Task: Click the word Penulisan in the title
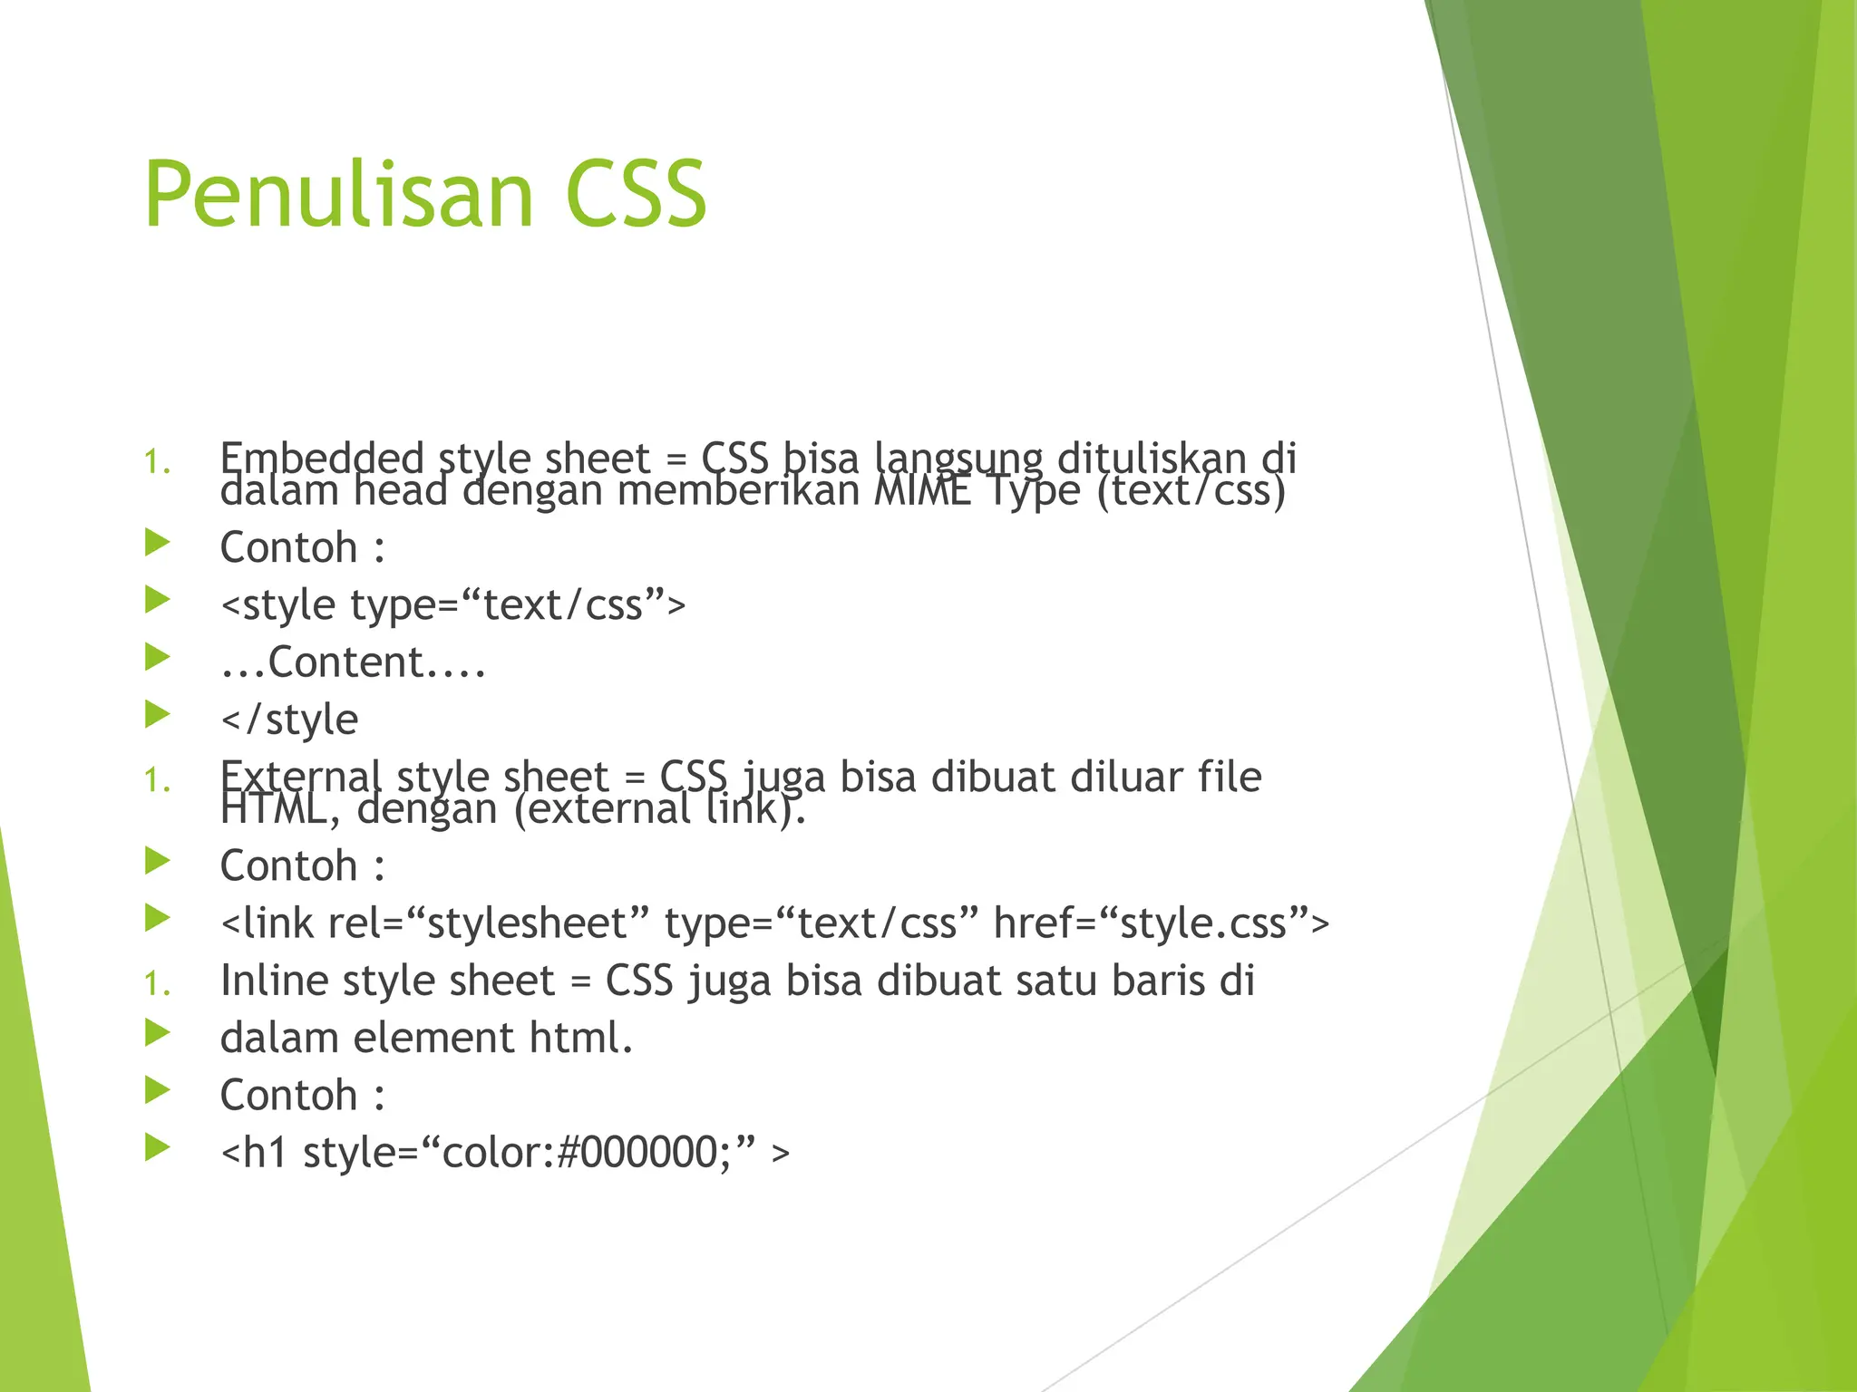pyautogui.click(x=338, y=195)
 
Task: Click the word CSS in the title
pyautogui.click(x=635, y=195)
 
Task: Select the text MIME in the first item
pyautogui.click(x=922, y=492)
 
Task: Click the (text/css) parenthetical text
pyautogui.click(x=1191, y=492)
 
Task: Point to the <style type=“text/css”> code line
pyautogui.click(x=452, y=604)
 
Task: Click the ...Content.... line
pyautogui.click(x=354, y=662)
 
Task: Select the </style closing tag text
pyautogui.click(x=289, y=720)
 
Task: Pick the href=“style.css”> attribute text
pyautogui.click(x=1161, y=923)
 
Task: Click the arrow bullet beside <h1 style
pyautogui.click(x=158, y=1148)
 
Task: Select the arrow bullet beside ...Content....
pyautogui.click(x=158, y=658)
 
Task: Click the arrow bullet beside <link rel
pyautogui.click(x=158, y=919)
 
